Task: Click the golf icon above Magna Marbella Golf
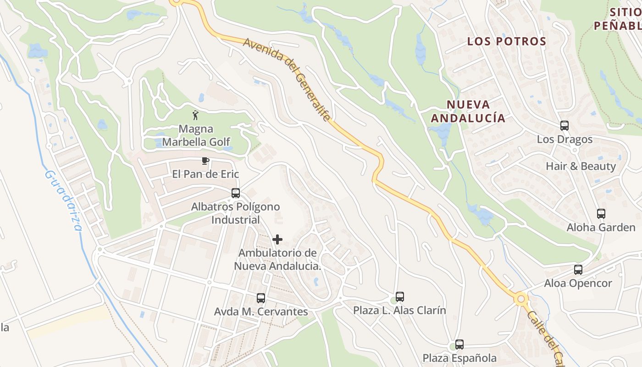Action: tap(196, 115)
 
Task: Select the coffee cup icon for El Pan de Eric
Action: tap(205, 161)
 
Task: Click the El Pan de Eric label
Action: tap(205, 174)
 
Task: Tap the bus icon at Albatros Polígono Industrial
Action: tap(236, 193)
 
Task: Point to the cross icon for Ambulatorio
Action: tap(277, 239)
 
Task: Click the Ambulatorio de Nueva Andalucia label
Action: tap(277, 259)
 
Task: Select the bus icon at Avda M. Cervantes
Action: tap(261, 298)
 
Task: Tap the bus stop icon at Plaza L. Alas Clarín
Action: tap(400, 297)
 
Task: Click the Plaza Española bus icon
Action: tap(459, 345)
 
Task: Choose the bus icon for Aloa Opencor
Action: tap(578, 270)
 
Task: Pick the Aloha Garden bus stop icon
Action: tap(601, 213)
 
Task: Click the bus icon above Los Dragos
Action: tap(565, 125)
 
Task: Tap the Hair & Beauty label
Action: tap(581, 166)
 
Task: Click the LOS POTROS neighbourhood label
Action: tap(507, 41)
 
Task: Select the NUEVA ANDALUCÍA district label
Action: tap(468, 111)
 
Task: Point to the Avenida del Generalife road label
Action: tap(287, 79)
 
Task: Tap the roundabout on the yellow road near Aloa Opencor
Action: tap(521, 300)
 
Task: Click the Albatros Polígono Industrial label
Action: tap(235, 213)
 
